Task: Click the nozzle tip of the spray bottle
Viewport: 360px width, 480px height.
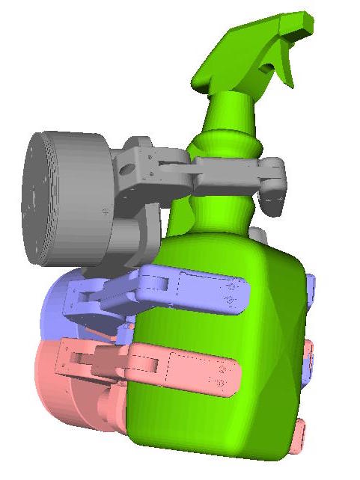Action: click(306, 23)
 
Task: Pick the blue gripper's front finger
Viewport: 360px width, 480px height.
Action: click(202, 292)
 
